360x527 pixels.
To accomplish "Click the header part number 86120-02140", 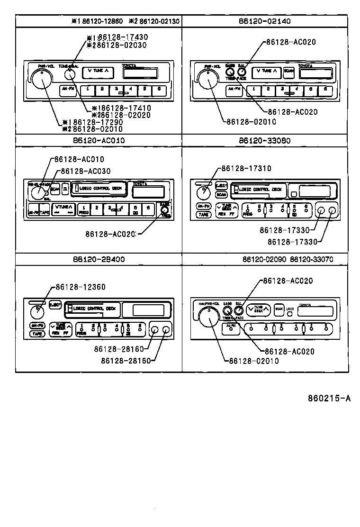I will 265,21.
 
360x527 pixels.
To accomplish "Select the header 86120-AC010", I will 99,141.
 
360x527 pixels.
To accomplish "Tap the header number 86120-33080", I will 265,141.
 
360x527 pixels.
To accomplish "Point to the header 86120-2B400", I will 99,259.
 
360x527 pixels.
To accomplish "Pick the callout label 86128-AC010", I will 79,159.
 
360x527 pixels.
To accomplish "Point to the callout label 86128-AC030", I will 85,171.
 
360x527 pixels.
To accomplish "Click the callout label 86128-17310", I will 246,168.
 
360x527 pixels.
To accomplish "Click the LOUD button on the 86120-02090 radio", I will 290,309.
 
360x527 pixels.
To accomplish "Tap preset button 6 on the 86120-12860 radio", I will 159,89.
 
